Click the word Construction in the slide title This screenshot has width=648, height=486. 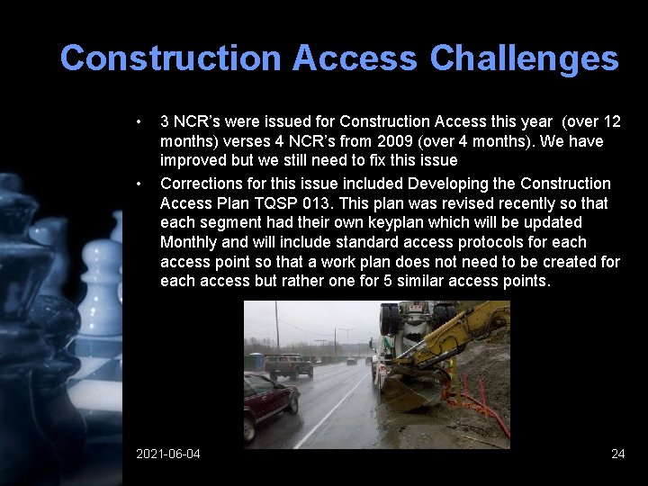pos(170,58)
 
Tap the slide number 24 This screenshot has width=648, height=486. pos(617,454)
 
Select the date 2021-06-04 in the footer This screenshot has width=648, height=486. pos(168,454)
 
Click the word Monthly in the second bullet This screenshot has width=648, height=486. pos(188,242)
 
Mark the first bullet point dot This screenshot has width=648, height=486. pos(139,121)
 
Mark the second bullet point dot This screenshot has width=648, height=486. pos(139,184)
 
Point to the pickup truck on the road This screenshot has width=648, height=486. pos(289,365)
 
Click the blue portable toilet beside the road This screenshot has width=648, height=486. pos(257,361)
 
